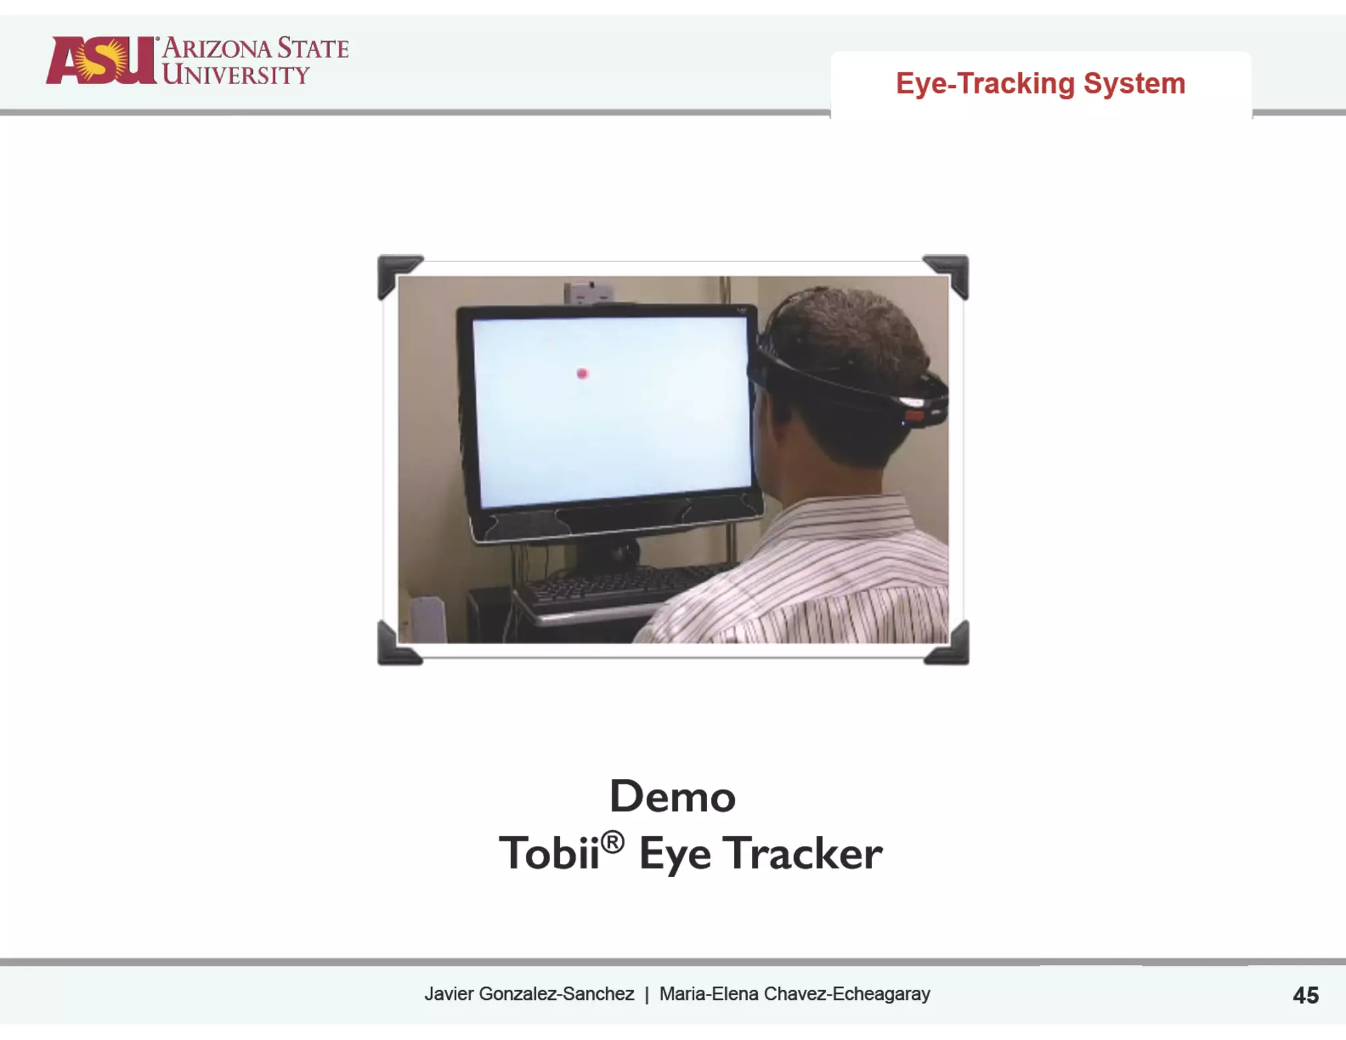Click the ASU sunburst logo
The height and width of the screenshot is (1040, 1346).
(100, 60)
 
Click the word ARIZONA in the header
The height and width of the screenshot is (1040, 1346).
(217, 49)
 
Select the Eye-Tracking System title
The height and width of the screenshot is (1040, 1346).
(1040, 83)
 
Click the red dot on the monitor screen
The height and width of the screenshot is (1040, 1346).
(582, 374)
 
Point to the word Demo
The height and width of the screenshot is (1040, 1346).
(672, 796)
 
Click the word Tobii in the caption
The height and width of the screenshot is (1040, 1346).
(549, 854)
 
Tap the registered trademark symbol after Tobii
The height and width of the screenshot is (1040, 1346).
(613, 842)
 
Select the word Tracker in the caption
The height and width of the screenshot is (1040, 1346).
(802, 854)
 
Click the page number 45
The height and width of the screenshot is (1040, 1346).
(1305, 995)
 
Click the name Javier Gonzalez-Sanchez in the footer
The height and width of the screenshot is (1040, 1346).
(529, 993)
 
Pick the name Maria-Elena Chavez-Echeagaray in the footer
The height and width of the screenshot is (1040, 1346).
(795, 993)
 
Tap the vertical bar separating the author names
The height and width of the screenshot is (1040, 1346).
(647, 994)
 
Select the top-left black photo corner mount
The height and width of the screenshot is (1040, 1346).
(396, 273)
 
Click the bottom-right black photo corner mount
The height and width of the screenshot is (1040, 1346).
(950, 646)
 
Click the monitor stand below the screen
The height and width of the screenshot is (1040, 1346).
(608, 552)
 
